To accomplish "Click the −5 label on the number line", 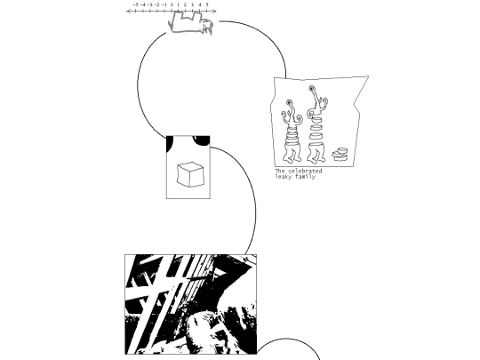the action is tap(136, 5).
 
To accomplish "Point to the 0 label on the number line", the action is tap(172, 5).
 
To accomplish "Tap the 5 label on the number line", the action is tap(207, 5).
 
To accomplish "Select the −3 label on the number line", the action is tap(150, 5).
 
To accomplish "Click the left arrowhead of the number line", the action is tap(128, 12).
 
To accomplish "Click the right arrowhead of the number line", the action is tap(214, 12).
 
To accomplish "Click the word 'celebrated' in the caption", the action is tap(305, 171).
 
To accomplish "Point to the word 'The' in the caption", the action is tap(280, 171).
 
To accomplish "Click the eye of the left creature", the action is tap(289, 102).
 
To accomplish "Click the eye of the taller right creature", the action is tap(312, 89).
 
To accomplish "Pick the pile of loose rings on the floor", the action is tap(340, 155).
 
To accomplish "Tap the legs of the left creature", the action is tap(292, 154).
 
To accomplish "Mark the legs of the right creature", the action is tap(316, 153).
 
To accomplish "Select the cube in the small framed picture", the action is tap(190, 174).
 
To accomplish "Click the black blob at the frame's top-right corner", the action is tap(201, 140).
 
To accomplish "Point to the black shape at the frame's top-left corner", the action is tap(169, 143).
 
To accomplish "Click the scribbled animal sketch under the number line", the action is tap(190, 23).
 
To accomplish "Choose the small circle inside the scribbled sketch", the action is tap(204, 26).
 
